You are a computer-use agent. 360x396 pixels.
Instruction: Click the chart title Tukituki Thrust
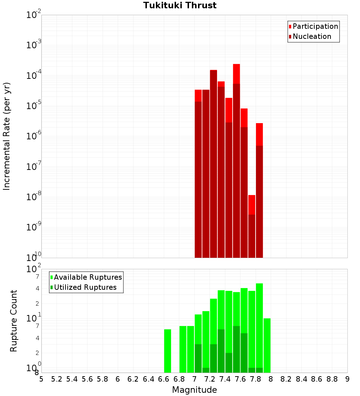coord(180,5)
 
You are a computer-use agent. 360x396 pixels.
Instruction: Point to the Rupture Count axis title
coord(14,321)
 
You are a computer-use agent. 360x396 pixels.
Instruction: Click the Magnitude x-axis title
coord(194,390)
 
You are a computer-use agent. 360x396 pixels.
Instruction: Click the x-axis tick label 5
coord(41,379)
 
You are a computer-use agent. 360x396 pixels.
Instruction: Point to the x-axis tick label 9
coord(347,379)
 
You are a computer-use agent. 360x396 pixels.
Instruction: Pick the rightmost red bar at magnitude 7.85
coord(259,191)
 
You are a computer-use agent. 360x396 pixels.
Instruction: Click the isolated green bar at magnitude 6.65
coord(167,351)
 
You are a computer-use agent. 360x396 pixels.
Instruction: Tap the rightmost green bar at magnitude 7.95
coord(267,346)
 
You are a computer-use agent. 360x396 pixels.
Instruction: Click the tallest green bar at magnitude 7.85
coord(259,324)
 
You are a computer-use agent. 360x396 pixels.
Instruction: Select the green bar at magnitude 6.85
coord(183,349)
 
